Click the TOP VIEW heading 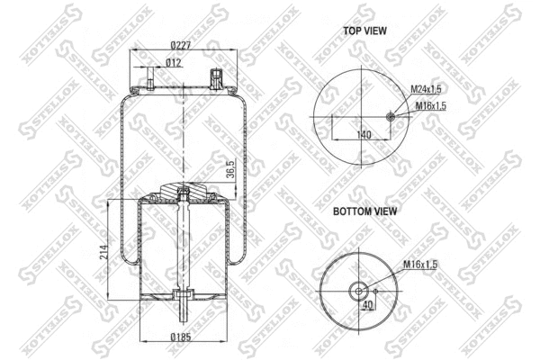364,30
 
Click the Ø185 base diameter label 183,338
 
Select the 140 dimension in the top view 364,134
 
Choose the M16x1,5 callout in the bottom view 420,264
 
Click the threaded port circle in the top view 390,117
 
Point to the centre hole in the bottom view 358,290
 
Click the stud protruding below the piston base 183,315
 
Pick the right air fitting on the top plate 216,77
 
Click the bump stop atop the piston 183,192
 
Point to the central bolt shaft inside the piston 183,243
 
